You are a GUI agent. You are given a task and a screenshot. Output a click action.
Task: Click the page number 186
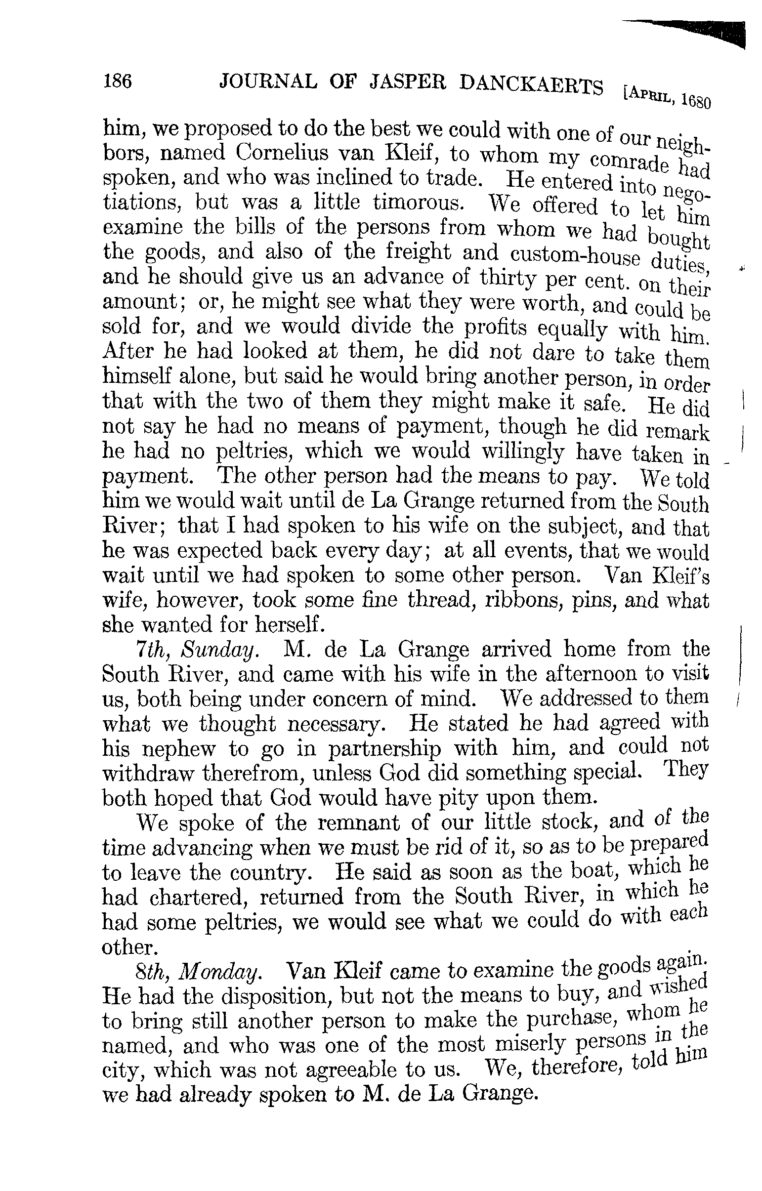click(x=117, y=80)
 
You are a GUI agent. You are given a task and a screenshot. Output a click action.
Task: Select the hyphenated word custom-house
click(x=575, y=256)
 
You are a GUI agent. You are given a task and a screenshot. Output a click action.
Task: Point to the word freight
click(x=418, y=253)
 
